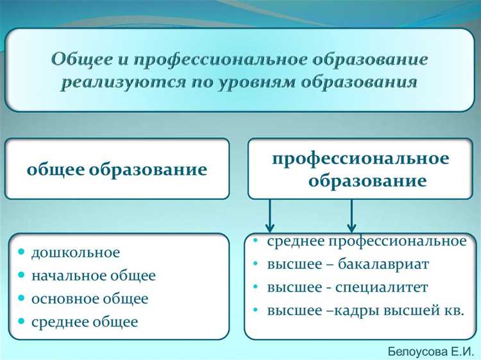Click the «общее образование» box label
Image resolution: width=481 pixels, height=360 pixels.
117,170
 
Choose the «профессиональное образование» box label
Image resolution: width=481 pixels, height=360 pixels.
360,169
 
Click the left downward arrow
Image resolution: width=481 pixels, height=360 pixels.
270,215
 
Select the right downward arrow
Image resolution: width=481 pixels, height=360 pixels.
351,215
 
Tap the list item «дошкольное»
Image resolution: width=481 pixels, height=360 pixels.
76,253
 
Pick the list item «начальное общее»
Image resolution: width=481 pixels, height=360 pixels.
93,276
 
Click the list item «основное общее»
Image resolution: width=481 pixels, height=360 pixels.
90,299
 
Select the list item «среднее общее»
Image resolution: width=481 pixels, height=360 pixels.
85,322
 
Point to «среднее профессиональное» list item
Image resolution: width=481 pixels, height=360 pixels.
366,241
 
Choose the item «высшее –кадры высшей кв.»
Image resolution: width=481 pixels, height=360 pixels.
365,311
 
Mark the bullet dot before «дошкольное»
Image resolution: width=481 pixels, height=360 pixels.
22,253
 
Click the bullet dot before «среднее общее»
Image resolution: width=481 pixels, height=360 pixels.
22,322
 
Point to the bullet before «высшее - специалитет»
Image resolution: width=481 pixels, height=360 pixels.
256,287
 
